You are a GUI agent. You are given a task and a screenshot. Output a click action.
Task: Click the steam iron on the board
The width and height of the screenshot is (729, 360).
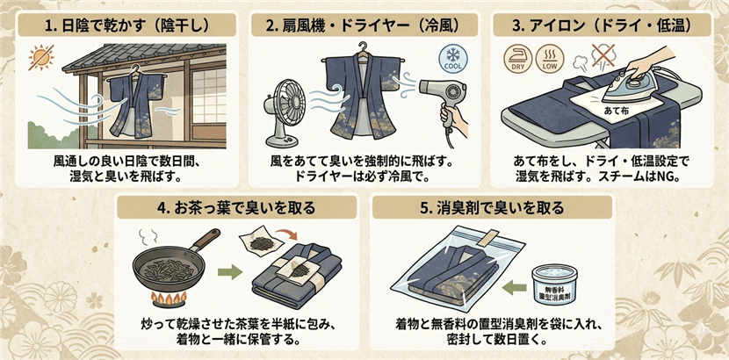pos(643,84)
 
